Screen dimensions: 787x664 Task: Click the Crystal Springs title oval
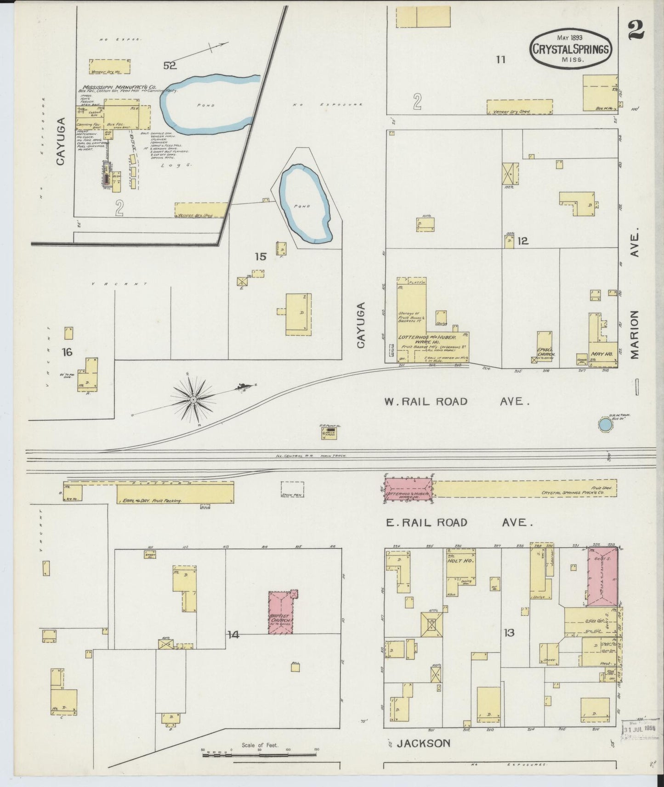(571, 49)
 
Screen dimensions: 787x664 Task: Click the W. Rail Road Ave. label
(457, 401)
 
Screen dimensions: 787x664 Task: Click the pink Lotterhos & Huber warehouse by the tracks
(409, 489)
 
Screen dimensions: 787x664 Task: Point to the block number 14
(233, 635)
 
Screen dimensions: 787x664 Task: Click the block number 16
(67, 352)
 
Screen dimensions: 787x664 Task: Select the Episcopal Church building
(545, 348)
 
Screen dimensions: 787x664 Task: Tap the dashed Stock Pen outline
(292, 489)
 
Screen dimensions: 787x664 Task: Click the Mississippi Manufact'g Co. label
(120, 87)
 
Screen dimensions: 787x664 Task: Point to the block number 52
(170, 66)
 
